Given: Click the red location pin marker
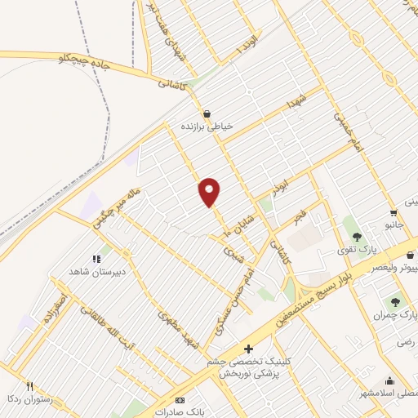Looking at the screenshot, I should click(x=210, y=191).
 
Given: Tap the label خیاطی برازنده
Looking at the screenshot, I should click(x=207, y=127).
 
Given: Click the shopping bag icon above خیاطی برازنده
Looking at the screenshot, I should click(x=207, y=113).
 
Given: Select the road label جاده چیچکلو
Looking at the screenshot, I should click(x=86, y=60).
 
